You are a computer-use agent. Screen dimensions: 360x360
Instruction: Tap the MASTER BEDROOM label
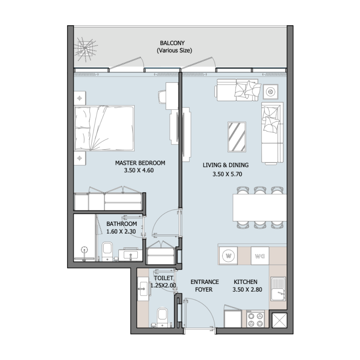click(140, 163)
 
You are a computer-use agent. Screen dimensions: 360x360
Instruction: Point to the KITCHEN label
click(245, 282)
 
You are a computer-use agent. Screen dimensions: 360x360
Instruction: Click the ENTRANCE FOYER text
click(204, 286)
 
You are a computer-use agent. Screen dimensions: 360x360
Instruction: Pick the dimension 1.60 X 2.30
click(121, 232)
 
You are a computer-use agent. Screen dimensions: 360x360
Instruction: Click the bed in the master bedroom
click(104, 128)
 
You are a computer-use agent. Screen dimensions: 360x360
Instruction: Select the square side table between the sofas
click(270, 92)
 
